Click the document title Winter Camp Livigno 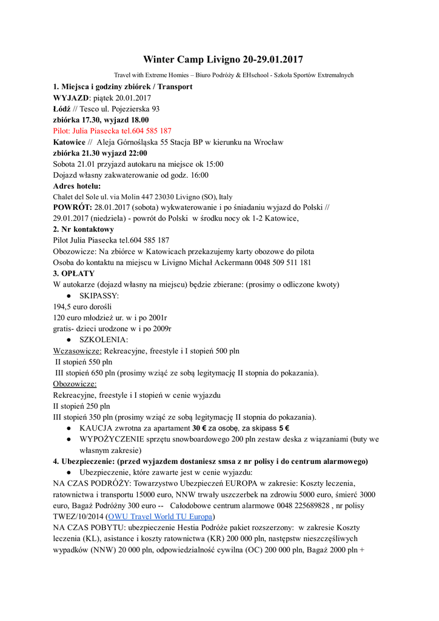pyautogui.click(x=223, y=59)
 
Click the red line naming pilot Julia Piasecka pyautogui.click(x=112, y=131)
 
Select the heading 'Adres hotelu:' pyautogui.click(x=77, y=186)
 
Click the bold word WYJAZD pyautogui.click(x=71, y=98)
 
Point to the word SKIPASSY pyautogui.click(x=99, y=296)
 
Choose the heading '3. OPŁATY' pyautogui.click(x=74, y=274)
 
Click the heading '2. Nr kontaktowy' pyautogui.click(x=84, y=230)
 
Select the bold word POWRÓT pyautogui.click(x=72, y=208)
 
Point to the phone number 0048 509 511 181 pyautogui.click(x=282, y=263)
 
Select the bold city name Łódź pyautogui.click(x=62, y=109)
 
